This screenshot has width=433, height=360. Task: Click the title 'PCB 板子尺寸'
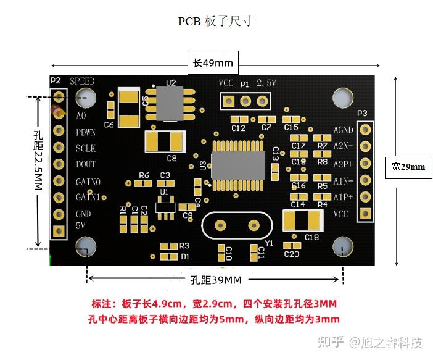(216, 22)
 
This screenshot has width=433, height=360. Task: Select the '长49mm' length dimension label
(213, 63)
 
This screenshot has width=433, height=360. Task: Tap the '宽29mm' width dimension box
(408, 167)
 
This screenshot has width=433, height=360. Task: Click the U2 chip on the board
(171, 104)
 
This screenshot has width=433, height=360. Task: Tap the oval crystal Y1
(235, 225)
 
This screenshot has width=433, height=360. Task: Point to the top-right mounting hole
(343, 98)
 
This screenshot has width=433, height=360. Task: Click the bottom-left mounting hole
(85, 247)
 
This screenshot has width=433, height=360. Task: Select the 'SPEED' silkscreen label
(82, 82)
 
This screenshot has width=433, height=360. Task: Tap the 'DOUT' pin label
(86, 164)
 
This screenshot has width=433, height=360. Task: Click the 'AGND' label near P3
(343, 130)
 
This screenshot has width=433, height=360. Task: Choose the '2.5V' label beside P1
(266, 83)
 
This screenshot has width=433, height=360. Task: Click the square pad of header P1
(228, 101)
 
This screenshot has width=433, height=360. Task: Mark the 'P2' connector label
(56, 80)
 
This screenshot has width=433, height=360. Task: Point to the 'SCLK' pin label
(86, 149)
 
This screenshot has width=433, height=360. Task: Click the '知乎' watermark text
(330, 341)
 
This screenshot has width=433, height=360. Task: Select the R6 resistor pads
(144, 183)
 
